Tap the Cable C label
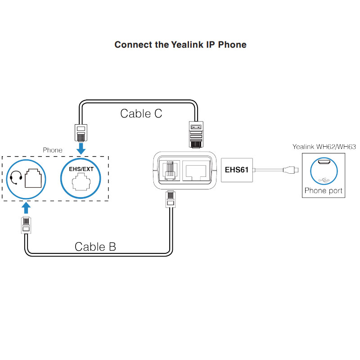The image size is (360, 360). tap(141, 113)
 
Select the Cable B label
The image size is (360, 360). tap(95, 247)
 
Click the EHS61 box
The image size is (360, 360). tap(237, 170)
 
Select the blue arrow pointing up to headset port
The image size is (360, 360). tap(27, 207)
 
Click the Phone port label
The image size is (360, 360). tap(324, 190)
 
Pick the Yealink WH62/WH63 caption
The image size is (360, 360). tap(324, 146)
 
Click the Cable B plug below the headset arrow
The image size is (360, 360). tap(27, 225)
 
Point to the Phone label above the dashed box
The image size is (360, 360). tap(53, 150)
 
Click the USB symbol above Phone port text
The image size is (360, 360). tap(324, 180)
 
